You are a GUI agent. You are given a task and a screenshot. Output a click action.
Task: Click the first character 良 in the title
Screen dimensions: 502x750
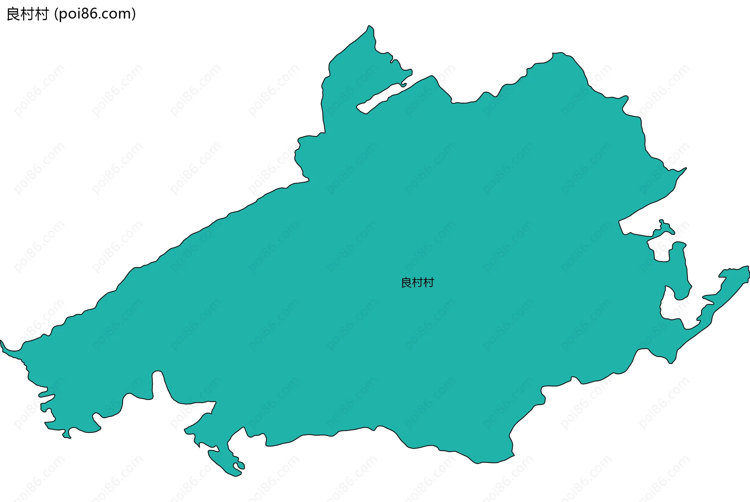pos(13,14)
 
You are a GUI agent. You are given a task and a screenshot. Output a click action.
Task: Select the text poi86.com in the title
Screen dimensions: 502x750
pos(95,14)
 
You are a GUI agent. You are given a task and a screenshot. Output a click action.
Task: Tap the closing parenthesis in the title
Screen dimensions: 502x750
pos(134,14)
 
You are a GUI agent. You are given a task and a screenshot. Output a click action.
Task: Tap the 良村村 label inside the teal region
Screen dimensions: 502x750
pos(417,282)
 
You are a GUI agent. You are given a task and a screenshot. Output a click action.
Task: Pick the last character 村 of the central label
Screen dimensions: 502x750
pos(429,282)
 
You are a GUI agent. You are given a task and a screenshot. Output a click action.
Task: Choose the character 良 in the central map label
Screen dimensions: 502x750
pos(406,282)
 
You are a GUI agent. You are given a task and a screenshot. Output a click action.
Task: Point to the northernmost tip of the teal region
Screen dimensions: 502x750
pos(369,26)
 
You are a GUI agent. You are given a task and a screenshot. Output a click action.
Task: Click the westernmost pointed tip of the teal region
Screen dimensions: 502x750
pos(2,341)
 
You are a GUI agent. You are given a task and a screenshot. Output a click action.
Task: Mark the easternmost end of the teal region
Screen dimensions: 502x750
pos(748,274)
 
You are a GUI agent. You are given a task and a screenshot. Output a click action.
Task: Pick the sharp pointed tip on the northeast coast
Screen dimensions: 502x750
pos(686,169)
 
